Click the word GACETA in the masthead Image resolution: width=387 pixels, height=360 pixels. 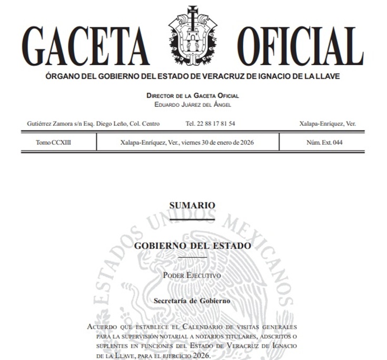(x=85, y=46)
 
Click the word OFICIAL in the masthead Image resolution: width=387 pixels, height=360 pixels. (x=300, y=46)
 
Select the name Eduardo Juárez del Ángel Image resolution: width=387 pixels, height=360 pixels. (x=193, y=104)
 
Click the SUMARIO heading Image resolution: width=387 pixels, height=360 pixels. (x=192, y=205)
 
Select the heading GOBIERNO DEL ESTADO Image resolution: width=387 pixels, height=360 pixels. (x=192, y=246)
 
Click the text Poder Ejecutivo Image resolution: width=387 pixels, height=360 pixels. (x=192, y=275)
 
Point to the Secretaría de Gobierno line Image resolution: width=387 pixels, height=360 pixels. (x=192, y=301)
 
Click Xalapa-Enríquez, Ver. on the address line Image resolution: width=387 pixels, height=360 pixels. (x=327, y=124)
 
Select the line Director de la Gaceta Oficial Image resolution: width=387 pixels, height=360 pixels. (x=193, y=96)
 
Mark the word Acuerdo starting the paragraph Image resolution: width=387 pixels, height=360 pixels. (x=103, y=327)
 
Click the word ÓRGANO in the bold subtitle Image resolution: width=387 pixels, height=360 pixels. (x=63, y=77)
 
